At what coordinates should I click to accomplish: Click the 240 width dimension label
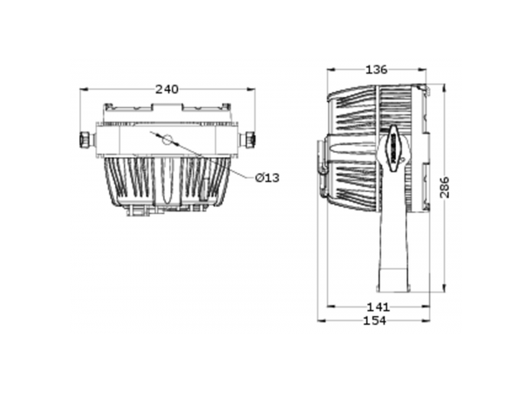coord(167,89)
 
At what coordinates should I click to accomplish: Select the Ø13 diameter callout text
coord(268,177)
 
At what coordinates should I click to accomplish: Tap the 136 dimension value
coord(376,70)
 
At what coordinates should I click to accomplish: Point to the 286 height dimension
coord(444,187)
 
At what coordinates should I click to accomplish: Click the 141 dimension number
coord(378,307)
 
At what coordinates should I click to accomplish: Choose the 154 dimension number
coord(374,321)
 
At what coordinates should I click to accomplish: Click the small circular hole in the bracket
coord(167,139)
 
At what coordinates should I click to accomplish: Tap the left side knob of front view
coord(86,139)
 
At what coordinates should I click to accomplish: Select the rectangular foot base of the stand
coord(393,280)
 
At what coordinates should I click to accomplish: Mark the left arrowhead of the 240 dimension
coord(84,89)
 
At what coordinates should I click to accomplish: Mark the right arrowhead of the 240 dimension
coord(251,89)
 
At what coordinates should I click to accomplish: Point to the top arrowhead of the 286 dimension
coord(444,87)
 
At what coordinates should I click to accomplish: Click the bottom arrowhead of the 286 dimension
coord(444,288)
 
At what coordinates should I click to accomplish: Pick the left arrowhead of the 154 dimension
coord(321,321)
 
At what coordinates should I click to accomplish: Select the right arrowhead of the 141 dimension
coord(426,307)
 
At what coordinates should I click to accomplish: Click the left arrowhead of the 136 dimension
coord(331,70)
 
